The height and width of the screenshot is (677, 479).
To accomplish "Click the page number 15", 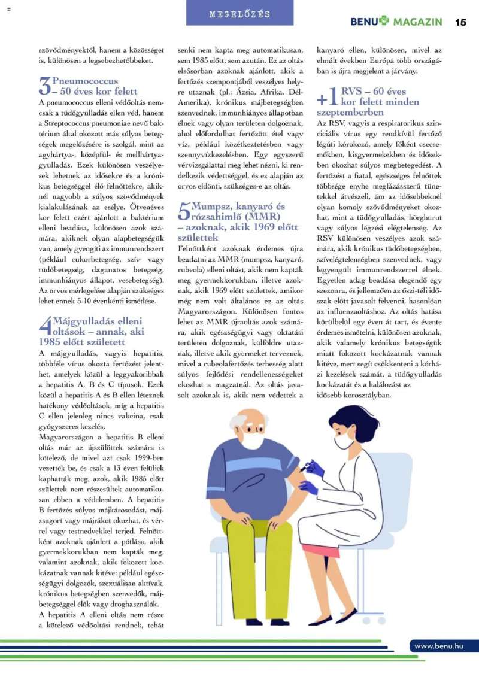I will (x=460, y=22).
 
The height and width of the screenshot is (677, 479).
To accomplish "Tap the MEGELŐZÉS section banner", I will (x=239, y=14).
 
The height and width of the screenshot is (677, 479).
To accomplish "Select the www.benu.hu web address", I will (x=439, y=646).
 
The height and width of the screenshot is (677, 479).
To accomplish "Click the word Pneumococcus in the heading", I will (x=85, y=81).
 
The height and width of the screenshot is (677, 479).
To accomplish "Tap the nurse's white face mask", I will (x=344, y=442).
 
